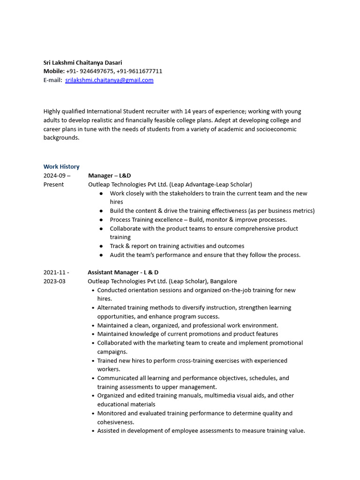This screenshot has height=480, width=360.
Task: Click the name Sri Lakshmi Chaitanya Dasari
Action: point(82,62)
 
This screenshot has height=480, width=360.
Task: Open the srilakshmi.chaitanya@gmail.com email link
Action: point(109,80)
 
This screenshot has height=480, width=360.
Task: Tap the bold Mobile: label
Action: point(54,71)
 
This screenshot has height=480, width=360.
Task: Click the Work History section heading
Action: point(61,166)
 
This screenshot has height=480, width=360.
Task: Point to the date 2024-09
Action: point(55,175)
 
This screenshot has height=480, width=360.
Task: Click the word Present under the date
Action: point(53,184)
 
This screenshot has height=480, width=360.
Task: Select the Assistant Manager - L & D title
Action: point(123,272)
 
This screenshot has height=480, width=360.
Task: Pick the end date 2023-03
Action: point(54,281)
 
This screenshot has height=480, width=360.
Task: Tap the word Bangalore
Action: point(224,281)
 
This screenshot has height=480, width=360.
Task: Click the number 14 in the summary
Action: point(188,112)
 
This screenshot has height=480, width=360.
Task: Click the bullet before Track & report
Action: point(101,246)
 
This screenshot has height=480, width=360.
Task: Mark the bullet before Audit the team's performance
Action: point(101,255)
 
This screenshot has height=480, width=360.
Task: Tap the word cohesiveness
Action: point(115,422)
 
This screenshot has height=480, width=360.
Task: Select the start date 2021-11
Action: point(55,272)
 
